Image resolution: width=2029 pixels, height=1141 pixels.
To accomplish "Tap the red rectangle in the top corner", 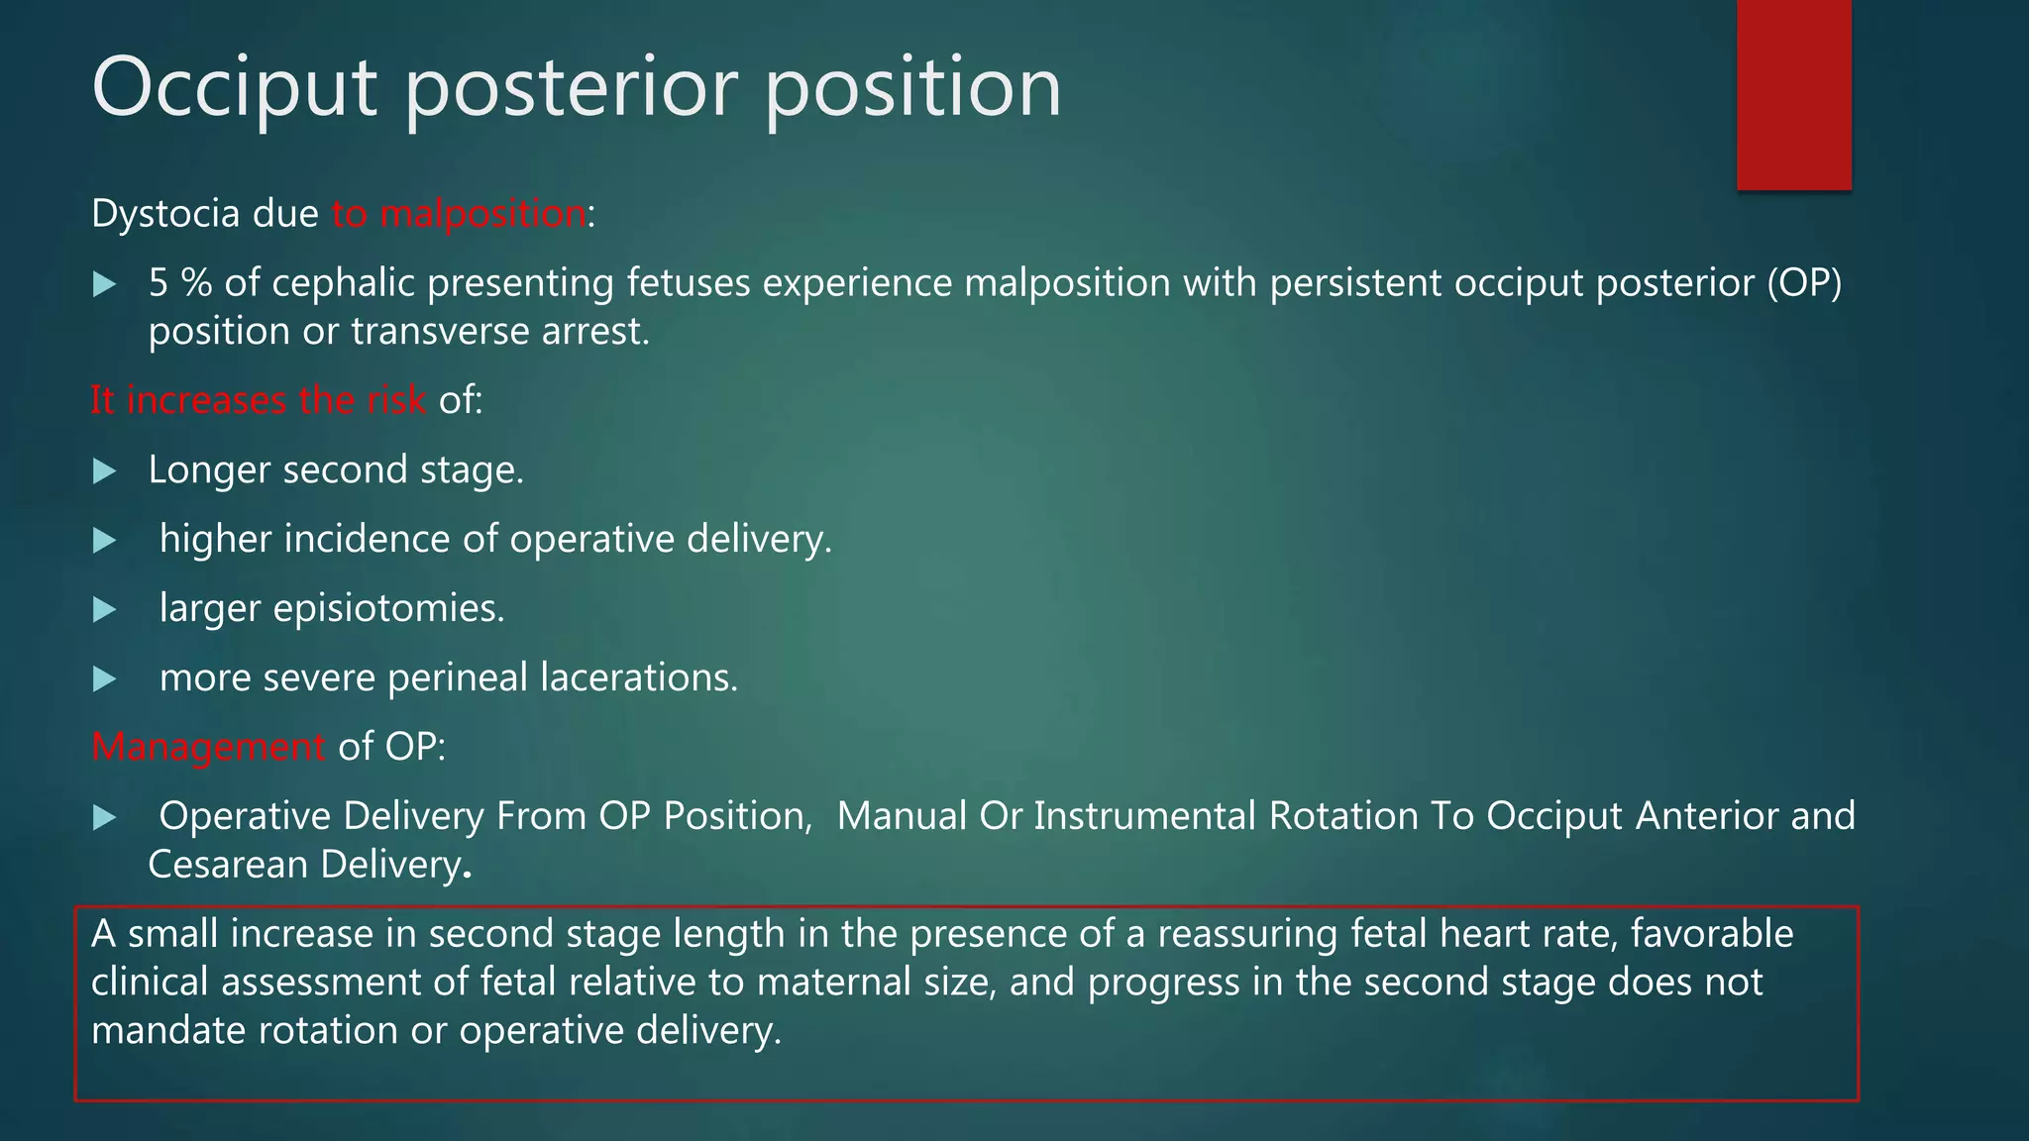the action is (x=1793, y=95).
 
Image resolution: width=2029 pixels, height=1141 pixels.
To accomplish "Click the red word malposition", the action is (x=483, y=214).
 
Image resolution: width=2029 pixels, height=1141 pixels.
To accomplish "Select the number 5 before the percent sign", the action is (x=159, y=284).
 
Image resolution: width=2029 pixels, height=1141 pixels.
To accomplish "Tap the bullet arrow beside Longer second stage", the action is (x=104, y=471).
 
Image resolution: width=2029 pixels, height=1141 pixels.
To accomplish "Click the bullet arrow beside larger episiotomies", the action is (x=104, y=610).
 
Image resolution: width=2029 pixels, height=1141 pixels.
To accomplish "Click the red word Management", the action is (x=208, y=747).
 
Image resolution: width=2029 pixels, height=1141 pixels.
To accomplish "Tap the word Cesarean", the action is (x=228, y=866).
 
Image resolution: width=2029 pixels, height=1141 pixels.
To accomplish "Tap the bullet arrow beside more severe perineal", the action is (x=104, y=679).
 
